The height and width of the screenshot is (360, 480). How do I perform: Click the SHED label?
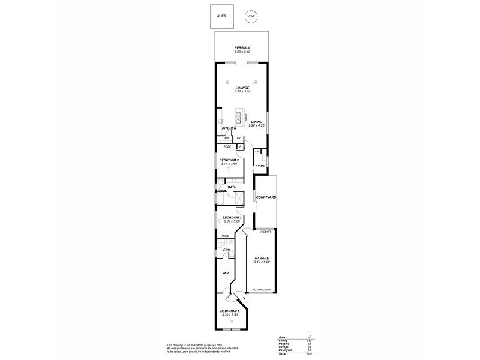pyautogui.click(x=221, y=16)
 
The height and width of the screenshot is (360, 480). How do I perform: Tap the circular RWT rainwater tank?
pyautogui.click(x=250, y=16)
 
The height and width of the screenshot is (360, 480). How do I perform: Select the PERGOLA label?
pyautogui.click(x=242, y=47)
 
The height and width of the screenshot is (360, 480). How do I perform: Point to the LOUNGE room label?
pyautogui.click(x=242, y=88)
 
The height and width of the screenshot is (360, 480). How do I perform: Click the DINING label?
pyautogui.click(x=257, y=122)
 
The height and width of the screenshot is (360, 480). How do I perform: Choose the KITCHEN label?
pyautogui.click(x=229, y=128)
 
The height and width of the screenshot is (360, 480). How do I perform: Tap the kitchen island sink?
pyautogui.click(x=238, y=117)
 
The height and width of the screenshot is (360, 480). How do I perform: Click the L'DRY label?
pyautogui.click(x=260, y=166)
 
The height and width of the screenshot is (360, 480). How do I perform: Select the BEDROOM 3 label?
pyautogui.click(x=229, y=160)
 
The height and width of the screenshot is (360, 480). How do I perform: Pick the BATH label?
pyautogui.click(x=232, y=187)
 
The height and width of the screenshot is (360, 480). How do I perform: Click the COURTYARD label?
pyautogui.click(x=265, y=197)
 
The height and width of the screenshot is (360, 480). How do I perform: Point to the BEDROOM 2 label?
pyautogui.click(x=232, y=217)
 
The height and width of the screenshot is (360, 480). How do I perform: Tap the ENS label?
pyautogui.click(x=227, y=250)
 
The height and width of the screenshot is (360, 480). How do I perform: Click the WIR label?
pyautogui.click(x=226, y=273)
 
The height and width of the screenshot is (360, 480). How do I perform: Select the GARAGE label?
pyautogui.click(x=262, y=259)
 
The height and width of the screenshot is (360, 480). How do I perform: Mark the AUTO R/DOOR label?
pyautogui.click(x=262, y=290)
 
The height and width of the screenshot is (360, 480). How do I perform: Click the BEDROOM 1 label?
pyautogui.click(x=230, y=311)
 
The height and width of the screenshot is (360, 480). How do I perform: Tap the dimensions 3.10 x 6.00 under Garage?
pyautogui.click(x=262, y=262)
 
